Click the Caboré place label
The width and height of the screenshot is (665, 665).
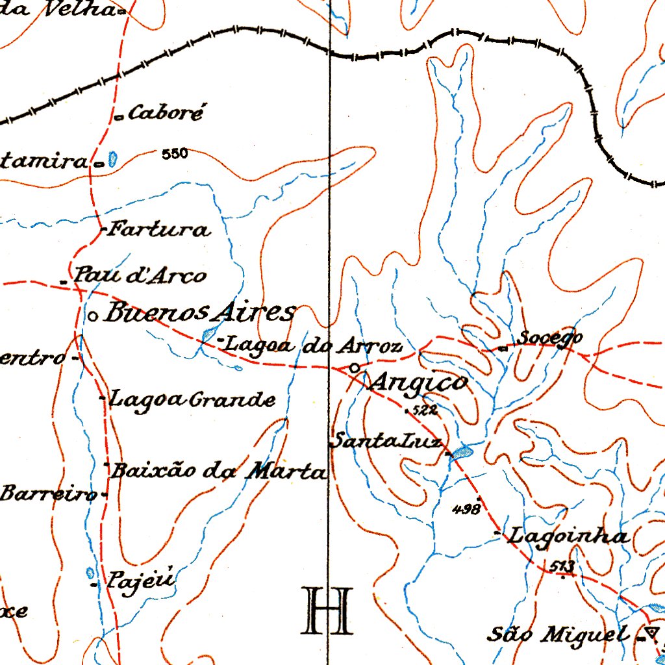coord(166,114)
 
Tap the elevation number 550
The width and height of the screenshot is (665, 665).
coord(175,154)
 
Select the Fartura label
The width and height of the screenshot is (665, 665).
coord(159,229)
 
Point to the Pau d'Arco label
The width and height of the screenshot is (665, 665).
coord(139,275)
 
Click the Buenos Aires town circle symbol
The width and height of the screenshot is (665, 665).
coord(93,316)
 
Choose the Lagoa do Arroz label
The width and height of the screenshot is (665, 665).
coord(313,346)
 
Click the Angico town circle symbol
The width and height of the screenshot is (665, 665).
coord(354,368)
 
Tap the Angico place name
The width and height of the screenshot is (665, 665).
coord(418,383)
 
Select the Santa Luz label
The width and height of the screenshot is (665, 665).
coord(387,442)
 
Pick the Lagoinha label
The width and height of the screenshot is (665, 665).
coord(568,536)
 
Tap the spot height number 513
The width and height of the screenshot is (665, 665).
coord(561,567)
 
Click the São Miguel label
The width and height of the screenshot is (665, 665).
coord(558,634)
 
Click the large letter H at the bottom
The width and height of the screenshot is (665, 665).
coord(327,610)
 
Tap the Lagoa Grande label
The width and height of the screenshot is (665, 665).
coord(192,399)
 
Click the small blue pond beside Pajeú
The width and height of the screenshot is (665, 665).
coord(90,573)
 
